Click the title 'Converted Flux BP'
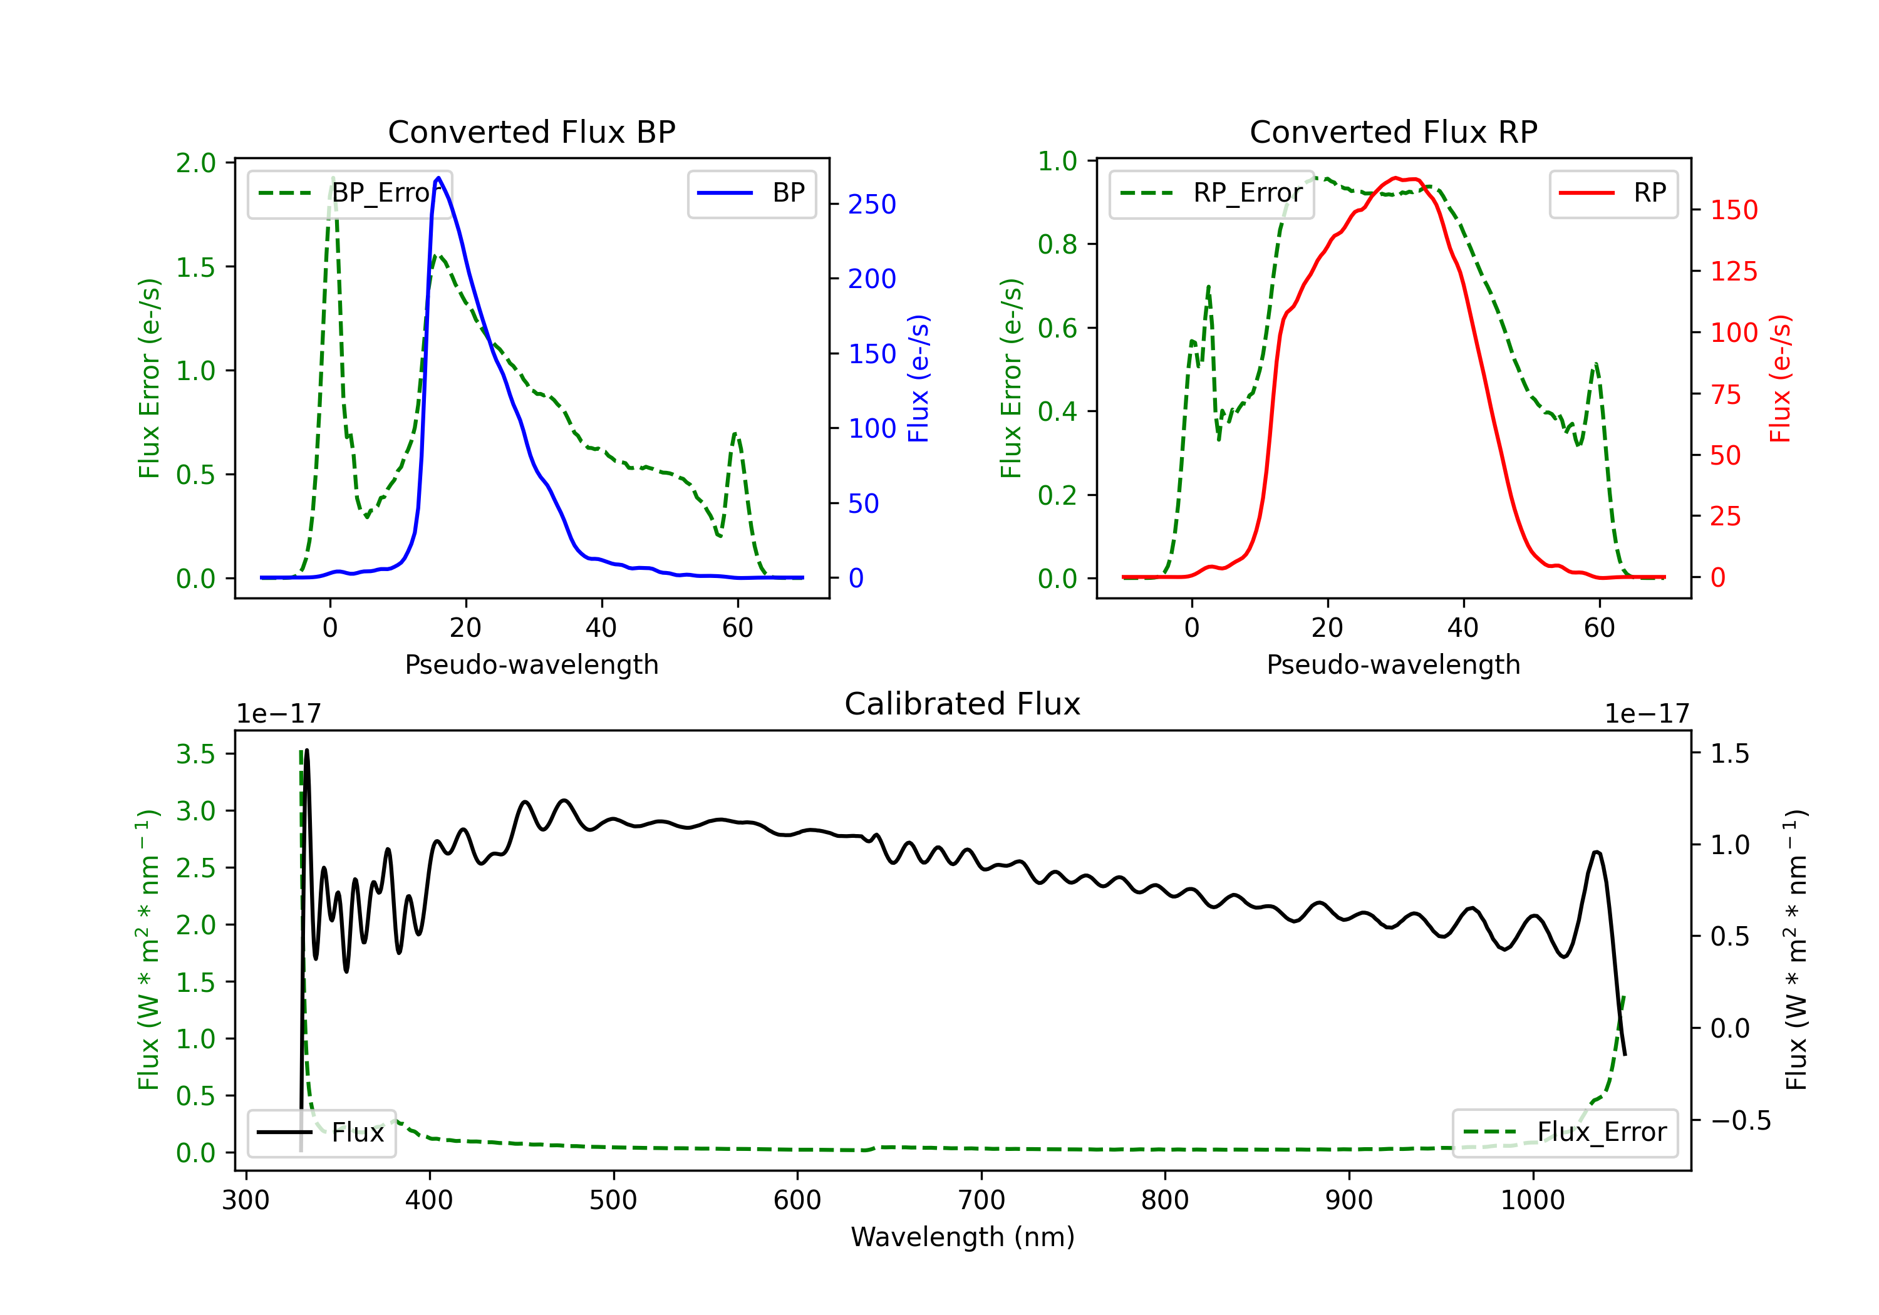(x=531, y=131)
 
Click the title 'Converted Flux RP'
(x=1393, y=131)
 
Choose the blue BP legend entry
(x=751, y=193)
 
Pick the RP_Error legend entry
(x=1211, y=193)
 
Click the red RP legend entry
(x=1613, y=193)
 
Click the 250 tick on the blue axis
(x=872, y=205)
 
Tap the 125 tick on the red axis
(x=1733, y=272)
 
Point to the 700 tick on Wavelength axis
(x=980, y=1200)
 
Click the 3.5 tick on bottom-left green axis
(x=195, y=754)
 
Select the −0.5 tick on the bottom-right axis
(x=1740, y=1120)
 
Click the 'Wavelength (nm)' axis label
(x=963, y=1237)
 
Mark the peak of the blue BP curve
(x=438, y=178)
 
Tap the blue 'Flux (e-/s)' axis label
(x=919, y=378)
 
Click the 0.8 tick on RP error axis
(x=1057, y=245)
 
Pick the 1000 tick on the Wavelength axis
(x=1532, y=1200)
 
